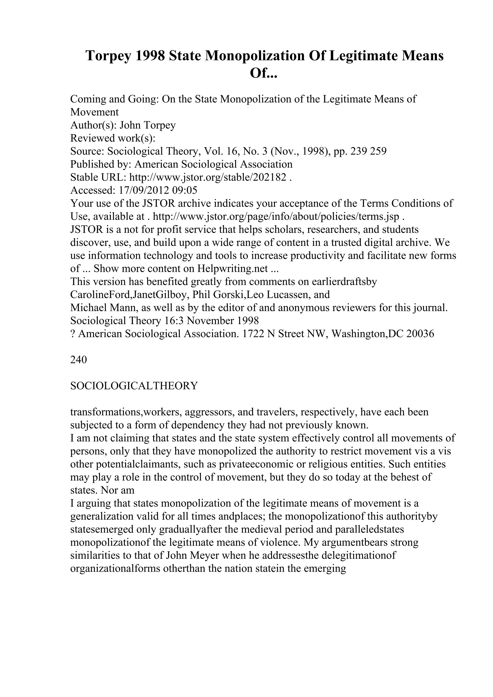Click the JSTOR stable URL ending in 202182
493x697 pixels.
(x=208, y=177)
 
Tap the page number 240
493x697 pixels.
(x=78, y=360)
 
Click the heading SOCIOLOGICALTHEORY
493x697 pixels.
(x=134, y=386)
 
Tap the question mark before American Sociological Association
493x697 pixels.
(x=72, y=334)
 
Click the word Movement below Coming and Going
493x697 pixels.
(x=94, y=112)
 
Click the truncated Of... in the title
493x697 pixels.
(x=263, y=73)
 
